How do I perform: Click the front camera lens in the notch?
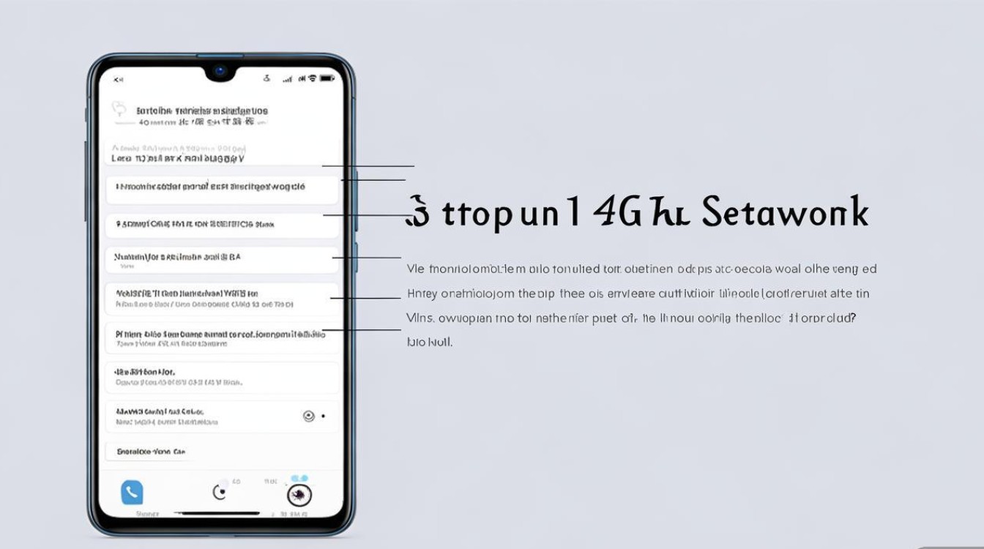pos(220,71)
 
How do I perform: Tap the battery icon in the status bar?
pos(327,78)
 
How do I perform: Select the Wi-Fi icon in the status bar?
pos(313,78)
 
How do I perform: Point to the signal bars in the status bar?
pos(288,79)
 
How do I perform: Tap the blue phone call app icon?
pos(132,493)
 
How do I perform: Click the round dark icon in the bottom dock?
pos(299,496)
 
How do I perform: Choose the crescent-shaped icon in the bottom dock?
pos(219,493)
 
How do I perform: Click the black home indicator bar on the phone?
pos(220,514)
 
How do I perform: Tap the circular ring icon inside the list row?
pos(308,416)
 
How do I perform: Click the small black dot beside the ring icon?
pos(324,416)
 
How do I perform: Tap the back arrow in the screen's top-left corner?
pos(119,79)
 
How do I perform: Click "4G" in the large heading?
pos(616,212)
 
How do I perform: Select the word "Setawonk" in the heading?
pos(784,212)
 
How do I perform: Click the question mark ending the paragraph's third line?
pos(853,318)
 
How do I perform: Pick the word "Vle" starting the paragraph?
pos(415,269)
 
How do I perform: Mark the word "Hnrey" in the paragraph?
pos(422,294)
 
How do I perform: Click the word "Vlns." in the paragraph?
pos(420,318)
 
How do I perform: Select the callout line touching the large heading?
pos(366,215)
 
